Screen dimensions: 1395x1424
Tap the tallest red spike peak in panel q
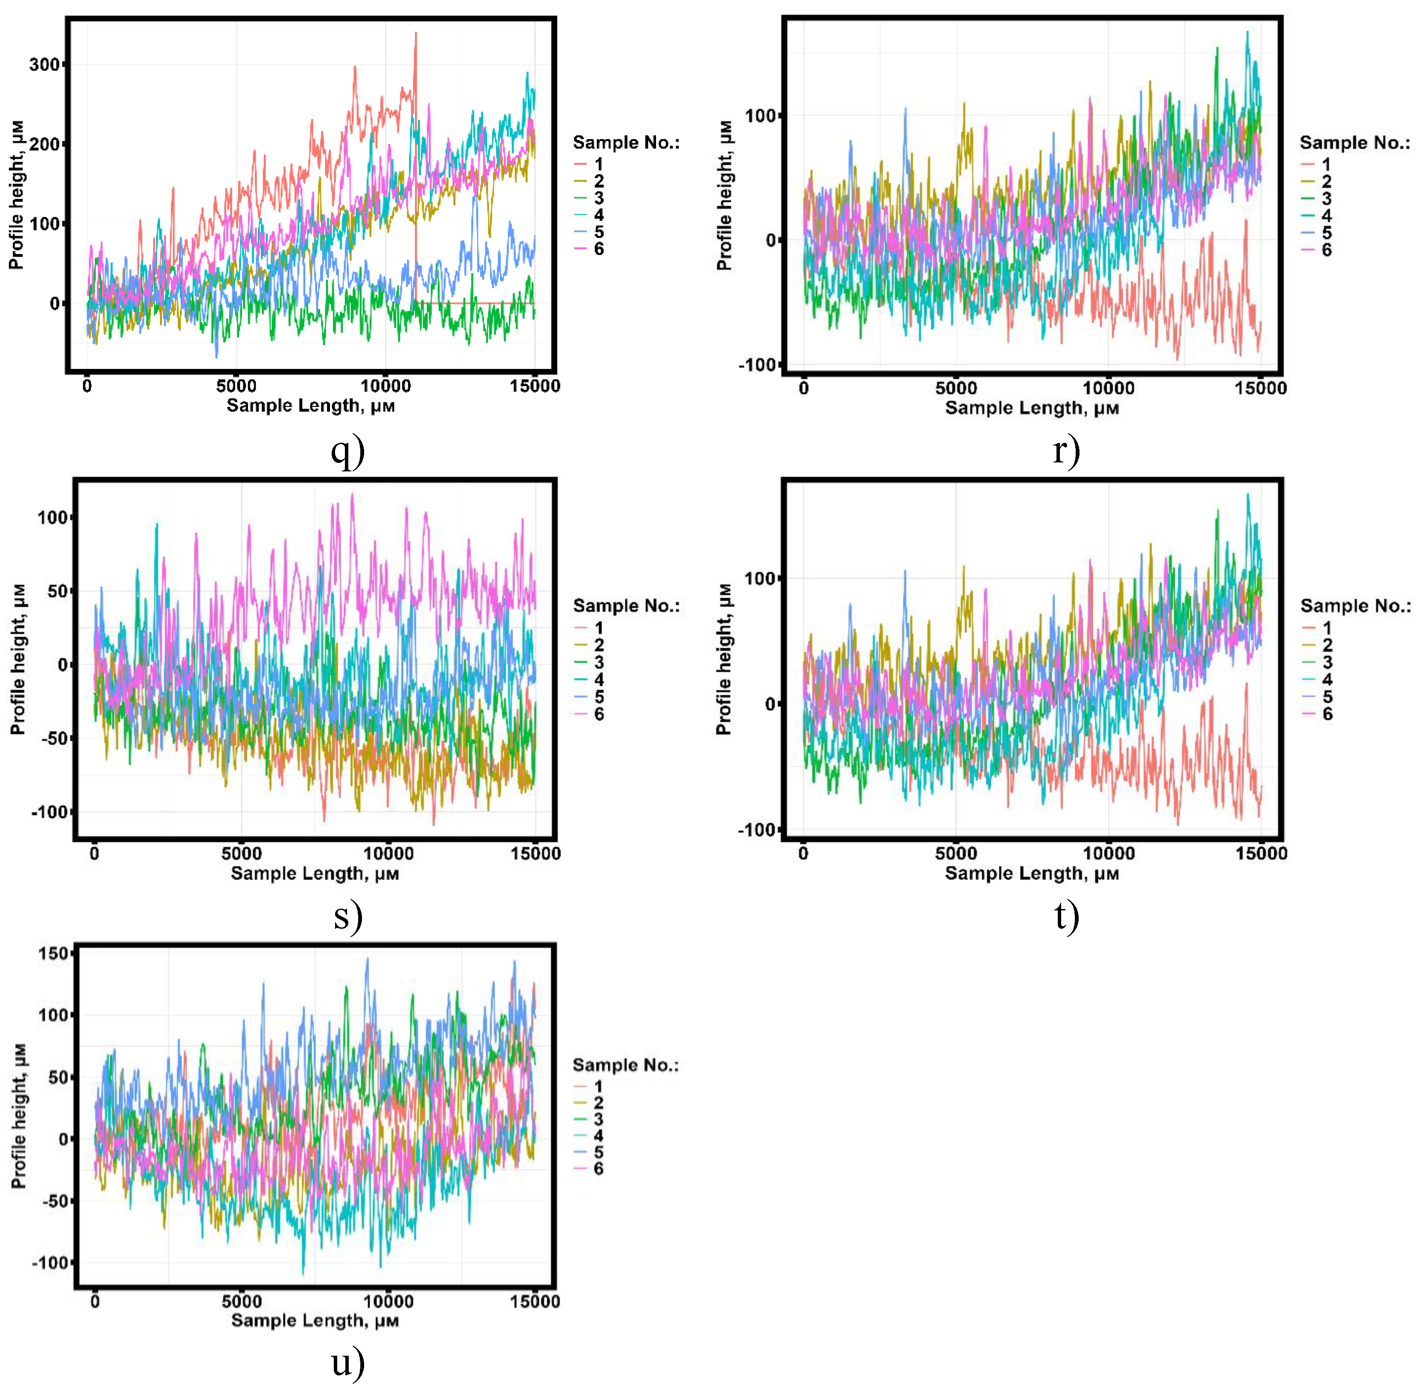pyautogui.click(x=415, y=33)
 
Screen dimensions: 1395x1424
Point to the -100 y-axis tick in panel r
pyautogui.click(x=757, y=365)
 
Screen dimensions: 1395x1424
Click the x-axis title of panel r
pyautogui.click(x=1031, y=408)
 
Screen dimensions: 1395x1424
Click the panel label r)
pyautogui.click(x=1066, y=450)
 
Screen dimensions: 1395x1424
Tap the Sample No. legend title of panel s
pyautogui.click(x=626, y=606)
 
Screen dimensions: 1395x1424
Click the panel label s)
pyautogui.click(x=347, y=916)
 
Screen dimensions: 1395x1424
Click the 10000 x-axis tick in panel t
pyautogui.click(x=1108, y=854)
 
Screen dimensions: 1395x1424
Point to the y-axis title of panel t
pyautogui.click(x=724, y=659)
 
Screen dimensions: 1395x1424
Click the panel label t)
pyautogui.click(x=1066, y=916)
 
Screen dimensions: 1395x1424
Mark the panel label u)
pyautogui.click(x=347, y=1363)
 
